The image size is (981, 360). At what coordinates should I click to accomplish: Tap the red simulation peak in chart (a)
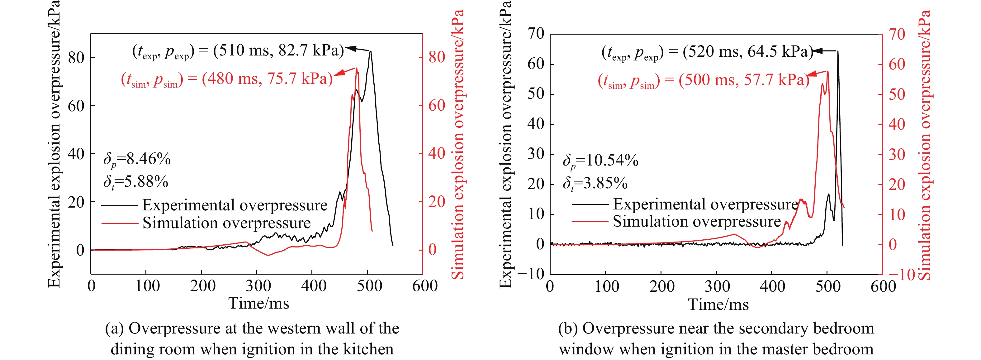(x=357, y=69)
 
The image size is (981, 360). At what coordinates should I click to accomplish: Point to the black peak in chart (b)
(x=837, y=51)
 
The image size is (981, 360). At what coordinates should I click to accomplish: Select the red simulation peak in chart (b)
(x=827, y=71)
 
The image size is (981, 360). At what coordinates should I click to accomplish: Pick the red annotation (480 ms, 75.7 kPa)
(x=227, y=79)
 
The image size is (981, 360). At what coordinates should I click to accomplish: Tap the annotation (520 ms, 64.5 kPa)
(x=708, y=52)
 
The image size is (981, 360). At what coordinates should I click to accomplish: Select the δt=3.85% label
(x=595, y=184)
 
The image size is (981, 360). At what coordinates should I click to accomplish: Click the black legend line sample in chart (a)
(x=120, y=206)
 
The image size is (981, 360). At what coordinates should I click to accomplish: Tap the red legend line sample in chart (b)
(x=590, y=221)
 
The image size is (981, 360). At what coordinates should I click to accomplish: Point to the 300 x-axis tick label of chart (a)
(x=258, y=286)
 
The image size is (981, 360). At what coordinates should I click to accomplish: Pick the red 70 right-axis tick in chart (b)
(x=897, y=34)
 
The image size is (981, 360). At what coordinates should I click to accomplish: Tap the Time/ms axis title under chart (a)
(x=258, y=304)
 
